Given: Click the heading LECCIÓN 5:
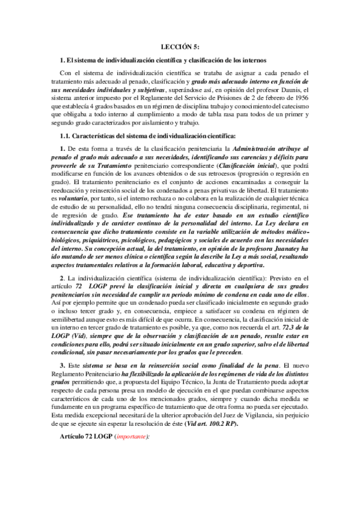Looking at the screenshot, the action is tap(180, 46).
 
